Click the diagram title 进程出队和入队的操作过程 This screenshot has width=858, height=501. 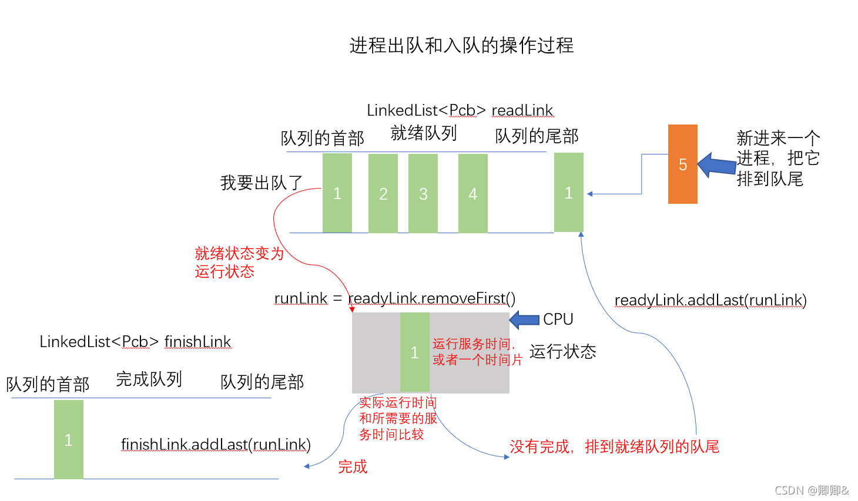pos(461,45)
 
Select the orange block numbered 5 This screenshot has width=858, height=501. pos(682,164)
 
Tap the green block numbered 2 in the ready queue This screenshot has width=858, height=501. pos(383,193)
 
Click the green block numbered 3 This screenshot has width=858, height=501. pos(423,193)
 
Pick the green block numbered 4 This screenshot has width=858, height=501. pos(472,193)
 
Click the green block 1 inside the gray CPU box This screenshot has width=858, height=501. pos(414,352)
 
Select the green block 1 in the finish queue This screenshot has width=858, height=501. pos(68,439)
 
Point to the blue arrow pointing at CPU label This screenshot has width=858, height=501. pos(524,320)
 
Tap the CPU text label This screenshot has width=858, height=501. pos(558,319)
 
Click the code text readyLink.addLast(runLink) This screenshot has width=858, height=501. pos(710,300)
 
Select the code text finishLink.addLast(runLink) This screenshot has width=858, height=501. pos(216,444)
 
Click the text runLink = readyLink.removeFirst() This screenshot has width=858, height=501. pos(394,298)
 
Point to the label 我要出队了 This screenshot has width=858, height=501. pos(261,183)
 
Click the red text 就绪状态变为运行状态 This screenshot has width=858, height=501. pos(239,262)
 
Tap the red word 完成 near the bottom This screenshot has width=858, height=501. pos(353,466)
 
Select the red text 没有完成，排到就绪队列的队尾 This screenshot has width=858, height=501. pos(614,446)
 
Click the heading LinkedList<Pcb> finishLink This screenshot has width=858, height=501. pos(135,342)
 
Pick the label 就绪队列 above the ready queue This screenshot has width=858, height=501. pos(423,133)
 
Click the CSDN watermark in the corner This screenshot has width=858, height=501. pos(811,490)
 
